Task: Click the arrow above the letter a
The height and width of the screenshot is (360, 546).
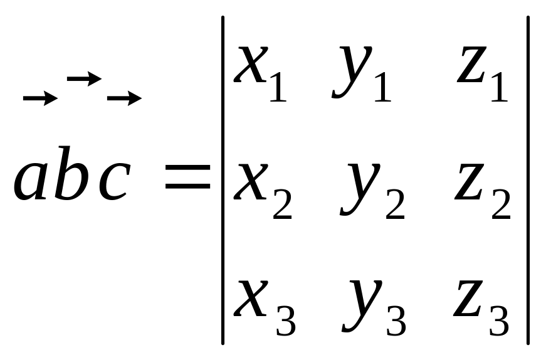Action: pos(40,98)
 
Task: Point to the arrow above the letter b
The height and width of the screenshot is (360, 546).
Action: pos(84,78)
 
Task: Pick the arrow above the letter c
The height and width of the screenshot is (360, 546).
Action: pos(124,98)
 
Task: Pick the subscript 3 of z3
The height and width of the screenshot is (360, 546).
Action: pos(498,320)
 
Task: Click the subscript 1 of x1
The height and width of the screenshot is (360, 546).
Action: pos(276,88)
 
